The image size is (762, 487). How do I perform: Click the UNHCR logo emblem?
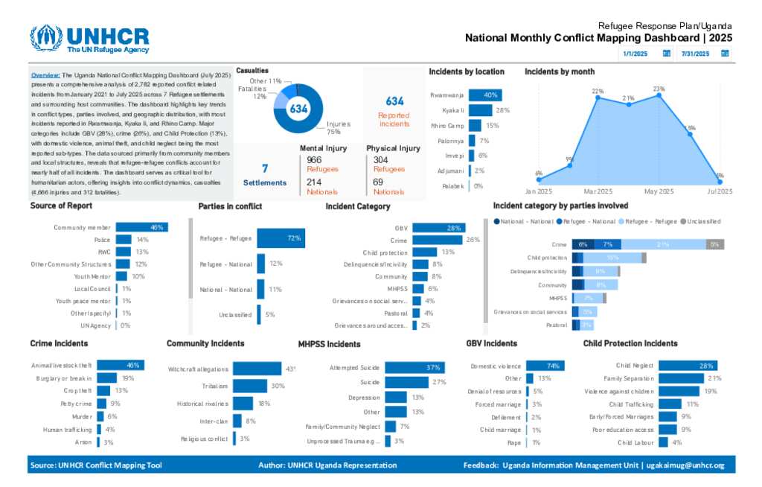pos(46,39)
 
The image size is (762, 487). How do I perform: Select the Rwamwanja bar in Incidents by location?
pos(485,95)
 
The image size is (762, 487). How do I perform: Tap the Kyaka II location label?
pos(452,110)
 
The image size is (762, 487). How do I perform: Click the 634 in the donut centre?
pos(298,109)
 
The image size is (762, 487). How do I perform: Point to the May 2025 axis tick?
pos(659,191)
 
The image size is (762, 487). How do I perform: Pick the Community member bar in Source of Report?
pos(141,227)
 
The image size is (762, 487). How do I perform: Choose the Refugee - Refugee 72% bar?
pos(281,238)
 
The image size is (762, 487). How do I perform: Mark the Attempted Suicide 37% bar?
pos(413,368)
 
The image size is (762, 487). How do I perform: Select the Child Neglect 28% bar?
pos(687,366)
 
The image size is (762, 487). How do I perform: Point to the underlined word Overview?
pos(45,75)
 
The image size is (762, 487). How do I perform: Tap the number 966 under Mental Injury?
pos(314,159)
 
